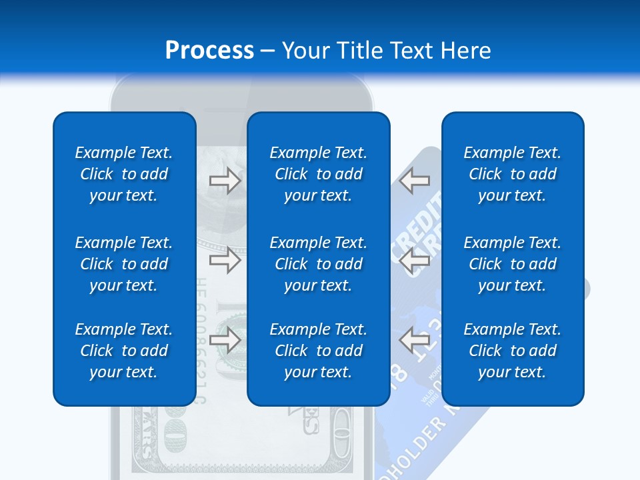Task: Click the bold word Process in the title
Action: [x=209, y=51]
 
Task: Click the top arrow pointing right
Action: [x=225, y=181]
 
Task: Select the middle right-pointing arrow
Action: [x=225, y=260]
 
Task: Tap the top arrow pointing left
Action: [x=414, y=181]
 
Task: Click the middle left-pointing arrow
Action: [x=414, y=260]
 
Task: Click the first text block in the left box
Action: [x=124, y=174]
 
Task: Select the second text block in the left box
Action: [x=124, y=264]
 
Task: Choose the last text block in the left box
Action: [x=124, y=351]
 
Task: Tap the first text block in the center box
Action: [x=318, y=174]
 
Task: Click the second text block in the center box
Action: [x=318, y=264]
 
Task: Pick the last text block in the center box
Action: [x=318, y=351]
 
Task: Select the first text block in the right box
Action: [x=512, y=174]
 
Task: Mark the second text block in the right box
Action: [x=512, y=264]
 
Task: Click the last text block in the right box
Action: [x=512, y=351]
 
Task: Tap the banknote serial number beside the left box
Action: [x=201, y=340]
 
